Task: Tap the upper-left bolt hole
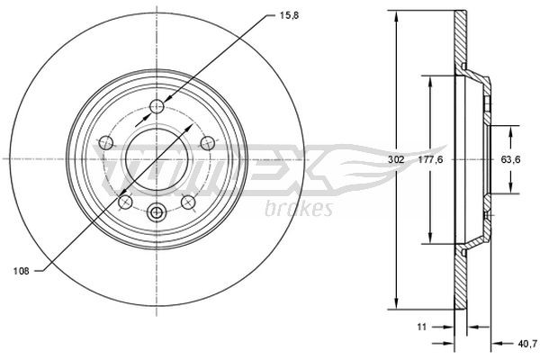coord(104,142)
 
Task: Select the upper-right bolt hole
coord(207,142)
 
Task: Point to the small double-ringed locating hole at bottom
coord(156,213)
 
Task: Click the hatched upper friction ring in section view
coord(460,40)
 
